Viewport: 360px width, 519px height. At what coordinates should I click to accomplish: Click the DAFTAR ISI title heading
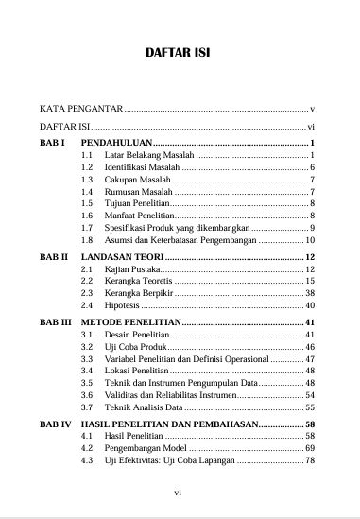click(x=180, y=54)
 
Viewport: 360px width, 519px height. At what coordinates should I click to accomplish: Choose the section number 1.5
click(x=88, y=203)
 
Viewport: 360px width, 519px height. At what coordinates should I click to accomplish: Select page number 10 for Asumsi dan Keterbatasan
click(x=309, y=240)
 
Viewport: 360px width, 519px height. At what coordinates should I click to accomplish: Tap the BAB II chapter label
click(x=53, y=257)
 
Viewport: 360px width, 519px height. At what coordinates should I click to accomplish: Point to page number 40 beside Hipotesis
click(x=309, y=306)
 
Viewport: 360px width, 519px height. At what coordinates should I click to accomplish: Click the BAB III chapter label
click(x=55, y=323)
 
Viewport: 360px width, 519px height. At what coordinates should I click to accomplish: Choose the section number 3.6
click(x=88, y=393)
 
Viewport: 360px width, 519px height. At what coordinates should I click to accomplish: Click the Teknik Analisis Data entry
click(x=143, y=406)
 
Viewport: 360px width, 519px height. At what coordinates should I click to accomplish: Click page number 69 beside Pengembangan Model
click(x=309, y=447)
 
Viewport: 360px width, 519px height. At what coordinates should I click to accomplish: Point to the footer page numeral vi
click(x=180, y=493)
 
